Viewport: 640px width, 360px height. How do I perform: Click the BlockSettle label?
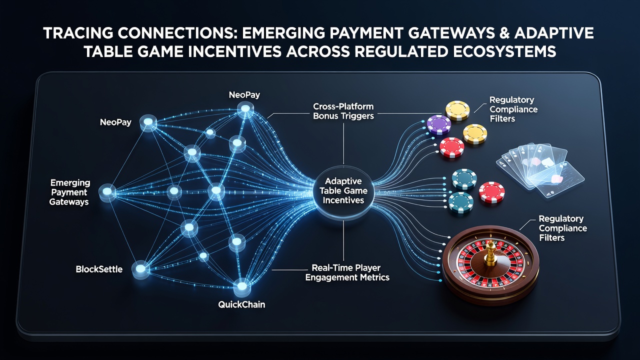99,269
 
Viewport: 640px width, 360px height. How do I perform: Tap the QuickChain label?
241,304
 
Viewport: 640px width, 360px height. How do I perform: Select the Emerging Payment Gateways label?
69,192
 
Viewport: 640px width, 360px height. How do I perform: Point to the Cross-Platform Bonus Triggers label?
343,111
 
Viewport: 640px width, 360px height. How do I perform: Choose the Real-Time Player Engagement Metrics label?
347,272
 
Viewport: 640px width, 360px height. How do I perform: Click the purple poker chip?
439,124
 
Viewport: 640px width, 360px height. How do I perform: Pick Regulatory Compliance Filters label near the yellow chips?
513,109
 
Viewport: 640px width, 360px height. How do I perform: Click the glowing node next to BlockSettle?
140,269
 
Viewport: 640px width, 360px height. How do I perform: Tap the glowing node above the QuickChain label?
241,286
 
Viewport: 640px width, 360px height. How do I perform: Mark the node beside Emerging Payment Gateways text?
107,191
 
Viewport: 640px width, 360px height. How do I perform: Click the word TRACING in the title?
77,33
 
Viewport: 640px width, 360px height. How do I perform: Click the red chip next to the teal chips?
491,192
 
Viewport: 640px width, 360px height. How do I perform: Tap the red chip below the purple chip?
451,147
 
